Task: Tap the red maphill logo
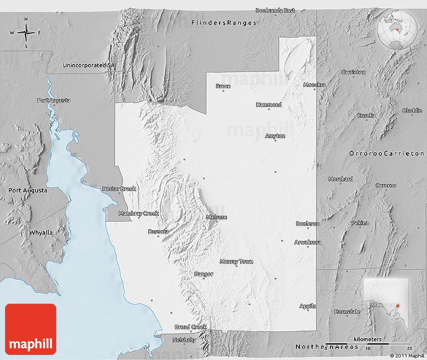[x=31, y=329]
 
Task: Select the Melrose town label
[x=217, y=217]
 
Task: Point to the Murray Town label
[x=236, y=261]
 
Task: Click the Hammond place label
[x=269, y=105]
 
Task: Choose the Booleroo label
[x=307, y=224]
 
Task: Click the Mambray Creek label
[x=138, y=214]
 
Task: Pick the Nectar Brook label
[x=119, y=189]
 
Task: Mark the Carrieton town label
[x=353, y=72]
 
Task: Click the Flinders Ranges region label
[x=224, y=23]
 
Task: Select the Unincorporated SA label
[x=88, y=65]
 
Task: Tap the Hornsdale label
[x=347, y=311]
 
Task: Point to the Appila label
[x=307, y=306]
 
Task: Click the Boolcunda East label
[x=275, y=10]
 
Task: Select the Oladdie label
[x=412, y=111]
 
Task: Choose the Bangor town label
[x=203, y=274]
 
